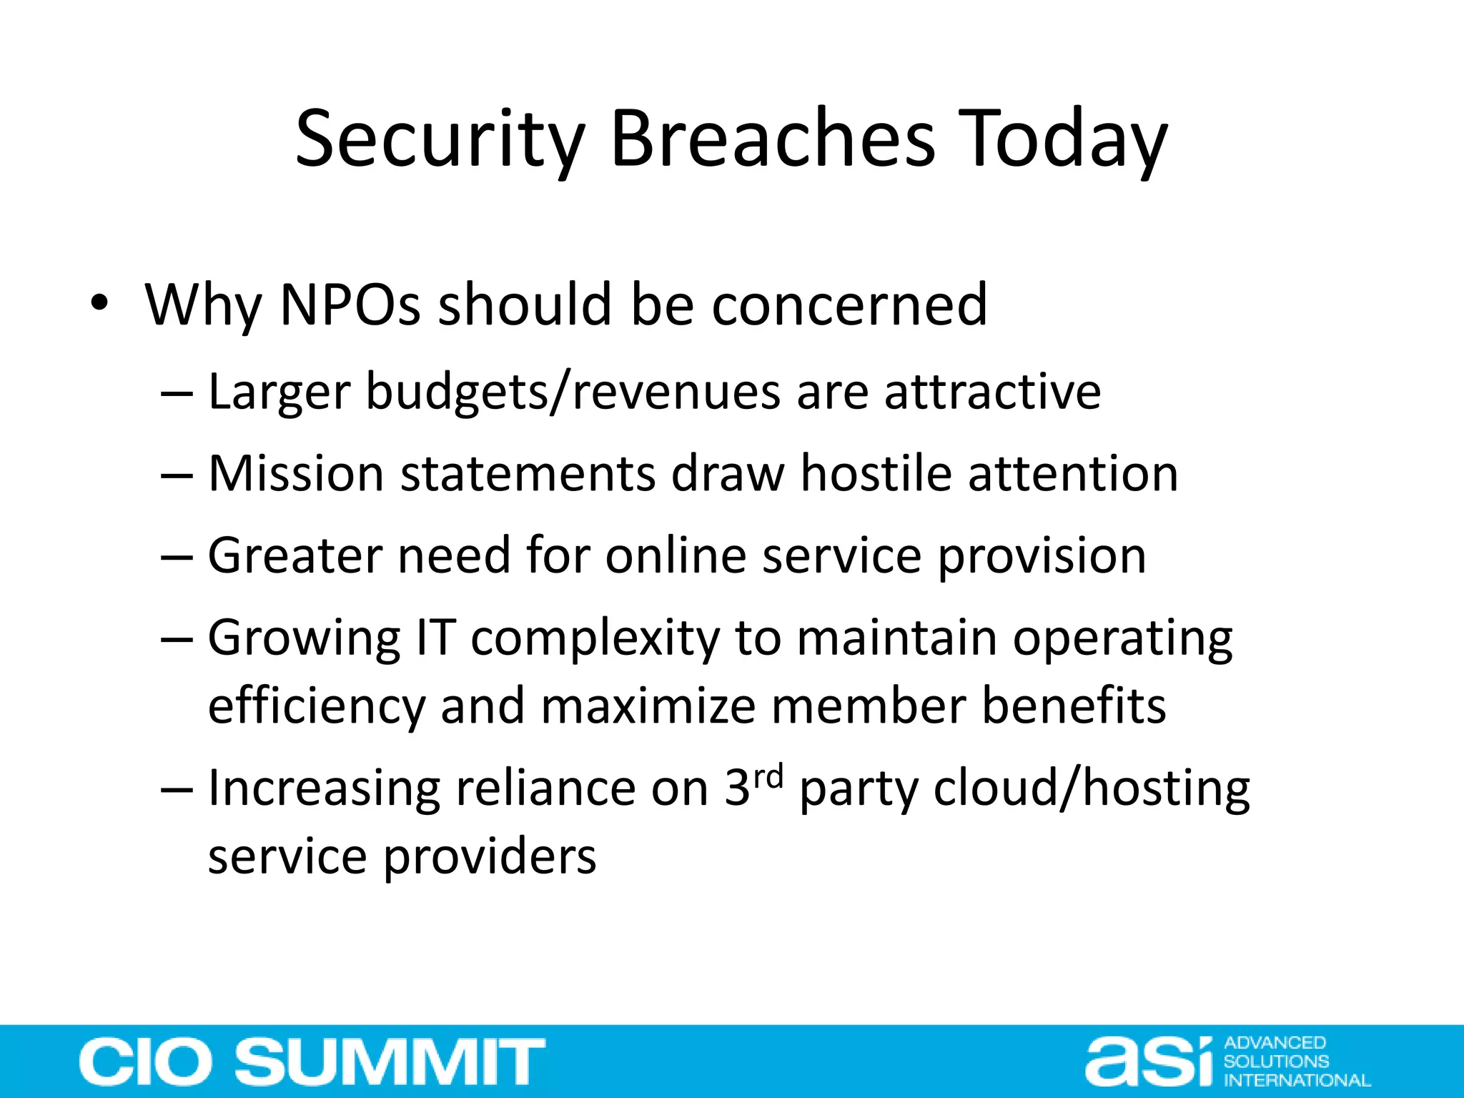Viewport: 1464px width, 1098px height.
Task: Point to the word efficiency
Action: click(x=317, y=706)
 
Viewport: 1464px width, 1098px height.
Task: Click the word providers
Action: click(x=490, y=856)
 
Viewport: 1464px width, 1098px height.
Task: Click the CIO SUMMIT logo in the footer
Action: click(x=312, y=1062)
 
